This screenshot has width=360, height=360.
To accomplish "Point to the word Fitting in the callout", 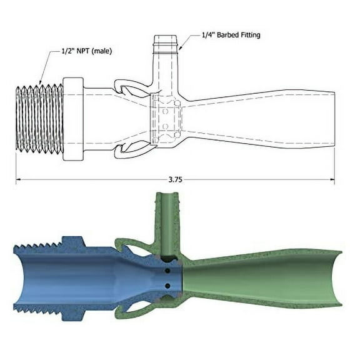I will click(x=249, y=35).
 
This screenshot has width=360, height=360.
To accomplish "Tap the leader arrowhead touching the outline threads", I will click(x=42, y=82).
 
